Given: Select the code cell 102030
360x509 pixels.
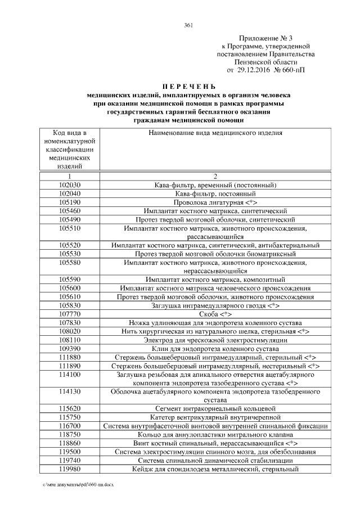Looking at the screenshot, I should pos(70,184).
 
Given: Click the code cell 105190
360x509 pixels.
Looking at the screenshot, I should pos(70,201).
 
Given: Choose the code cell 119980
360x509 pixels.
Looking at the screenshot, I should pos(70,469).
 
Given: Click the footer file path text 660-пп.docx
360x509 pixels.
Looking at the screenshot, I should pos(76,484).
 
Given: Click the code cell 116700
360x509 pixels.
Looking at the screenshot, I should pos(70,426).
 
